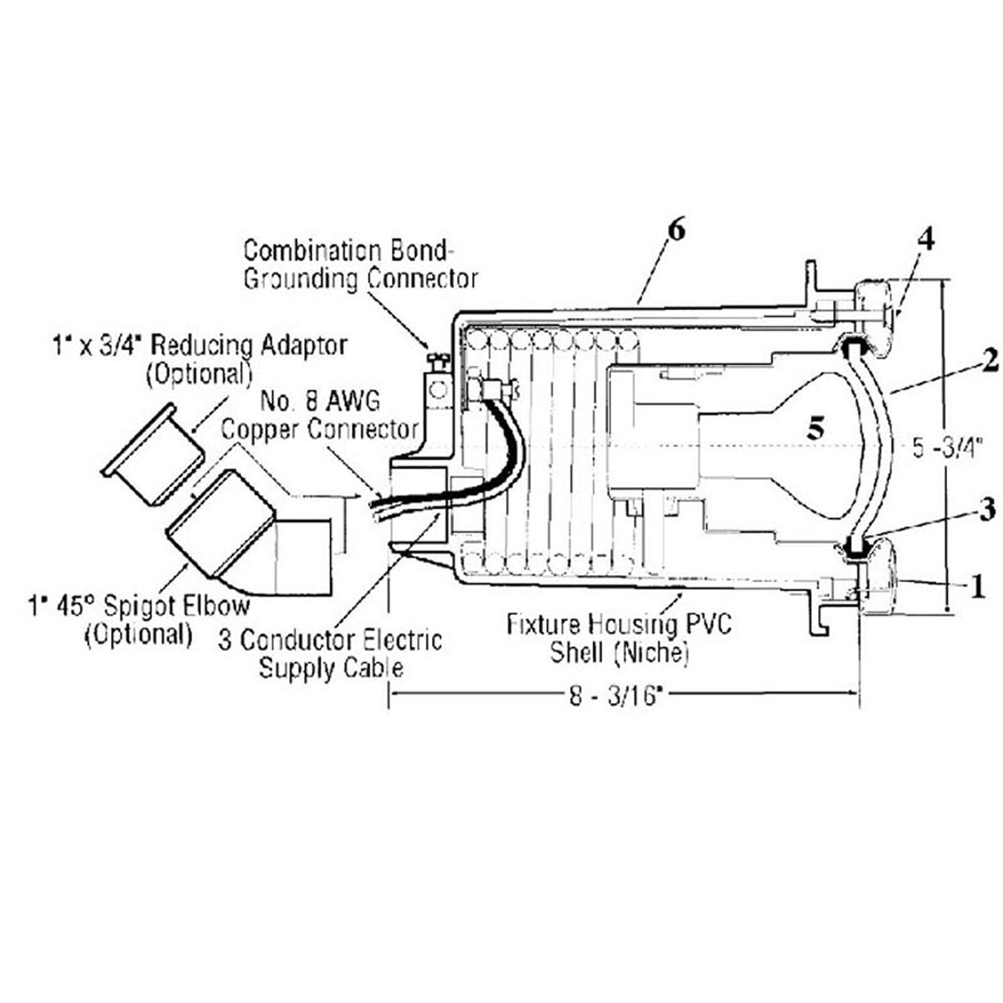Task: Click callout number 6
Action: coord(677,230)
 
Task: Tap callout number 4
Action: coord(926,240)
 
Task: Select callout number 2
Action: coord(990,362)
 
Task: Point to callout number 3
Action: coord(987,510)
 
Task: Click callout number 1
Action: coord(977,587)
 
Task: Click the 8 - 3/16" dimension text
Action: coord(615,696)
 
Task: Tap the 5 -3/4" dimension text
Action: coord(947,449)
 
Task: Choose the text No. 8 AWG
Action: coord(320,401)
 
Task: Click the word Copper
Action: coord(261,430)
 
